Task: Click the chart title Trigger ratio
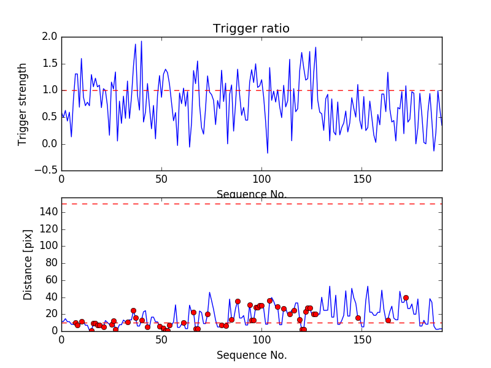251,29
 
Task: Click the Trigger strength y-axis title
23,104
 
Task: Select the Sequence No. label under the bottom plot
252,355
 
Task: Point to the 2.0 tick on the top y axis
50,37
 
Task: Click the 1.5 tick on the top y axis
50,64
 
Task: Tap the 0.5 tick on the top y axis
50,117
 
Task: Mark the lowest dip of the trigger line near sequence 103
268,153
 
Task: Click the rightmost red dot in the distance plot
406,297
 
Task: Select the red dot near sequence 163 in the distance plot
388,320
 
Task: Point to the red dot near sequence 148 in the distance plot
358,318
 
